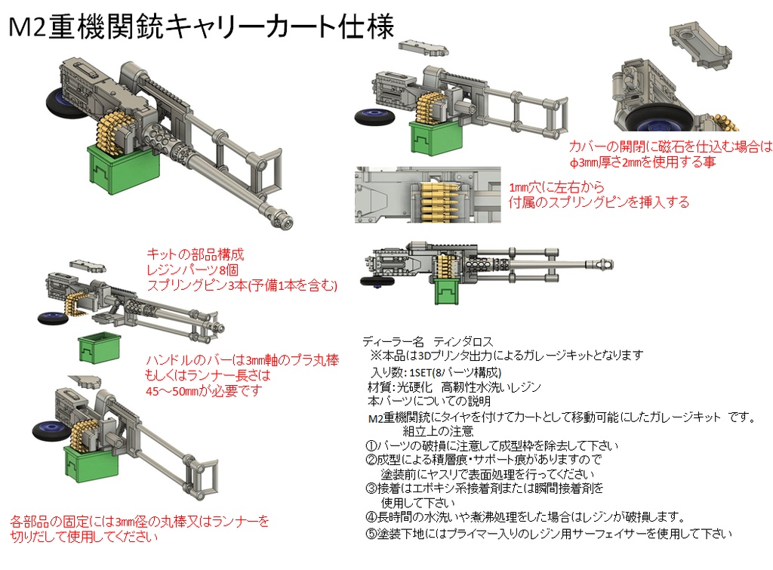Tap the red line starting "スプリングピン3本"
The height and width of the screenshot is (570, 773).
tap(241, 285)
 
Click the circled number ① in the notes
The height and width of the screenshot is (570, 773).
tap(371, 445)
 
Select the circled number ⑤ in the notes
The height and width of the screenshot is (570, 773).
tap(371, 533)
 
